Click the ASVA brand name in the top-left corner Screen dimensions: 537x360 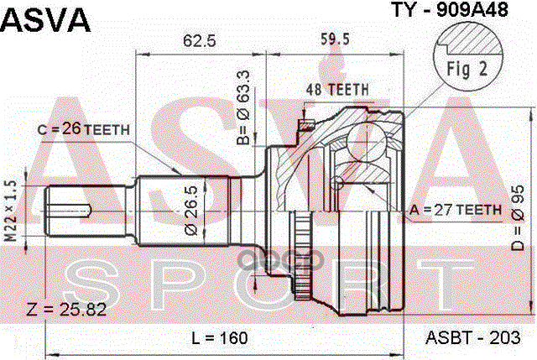click(x=46, y=20)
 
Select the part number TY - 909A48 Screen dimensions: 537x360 click(x=450, y=10)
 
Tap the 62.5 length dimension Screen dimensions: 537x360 click(x=200, y=41)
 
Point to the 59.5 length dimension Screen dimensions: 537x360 click(x=335, y=39)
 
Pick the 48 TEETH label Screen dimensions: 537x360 click(x=337, y=90)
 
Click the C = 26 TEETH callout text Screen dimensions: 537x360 click(x=84, y=130)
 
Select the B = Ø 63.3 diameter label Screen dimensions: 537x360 click(x=243, y=107)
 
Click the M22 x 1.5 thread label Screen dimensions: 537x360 click(x=11, y=211)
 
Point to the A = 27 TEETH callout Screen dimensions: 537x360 click(x=456, y=209)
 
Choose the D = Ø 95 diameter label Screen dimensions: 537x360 click(x=518, y=217)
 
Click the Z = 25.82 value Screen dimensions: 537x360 click(x=66, y=310)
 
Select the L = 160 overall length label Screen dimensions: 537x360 click(x=220, y=337)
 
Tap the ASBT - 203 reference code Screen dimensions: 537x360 click(x=472, y=337)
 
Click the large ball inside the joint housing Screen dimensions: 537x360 click(x=367, y=140)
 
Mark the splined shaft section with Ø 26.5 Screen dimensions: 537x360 click(x=183, y=211)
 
